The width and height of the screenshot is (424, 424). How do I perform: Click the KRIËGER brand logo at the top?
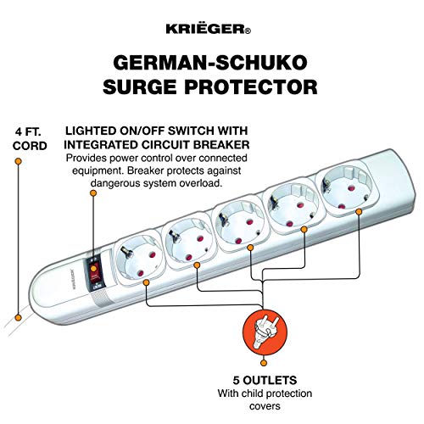click(211, 30)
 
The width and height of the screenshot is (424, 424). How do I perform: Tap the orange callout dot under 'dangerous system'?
click(94, 193)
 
